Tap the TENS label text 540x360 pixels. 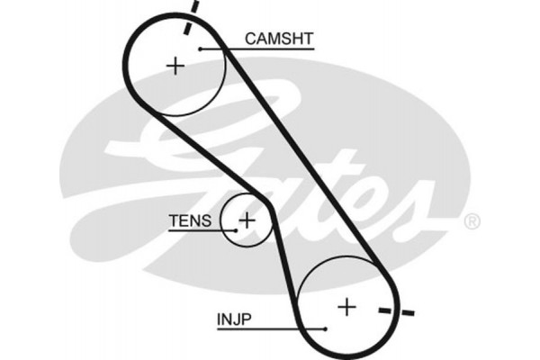(x=190, y=220)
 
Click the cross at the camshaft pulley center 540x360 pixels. (x=175, y=65)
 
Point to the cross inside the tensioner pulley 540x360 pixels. (x=246, y=219)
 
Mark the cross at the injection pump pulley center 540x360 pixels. (x=346, y=307)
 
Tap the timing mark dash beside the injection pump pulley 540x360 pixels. (x=397, y=312)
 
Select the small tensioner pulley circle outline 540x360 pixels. (x=224, y=219)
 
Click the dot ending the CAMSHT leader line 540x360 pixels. (x=201, y=49)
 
